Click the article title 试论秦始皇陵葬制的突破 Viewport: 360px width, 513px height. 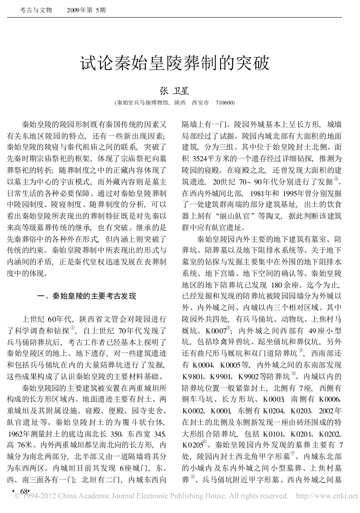[175, 63]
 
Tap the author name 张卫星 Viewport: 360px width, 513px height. [174, 91]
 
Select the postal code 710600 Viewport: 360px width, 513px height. [225, 103]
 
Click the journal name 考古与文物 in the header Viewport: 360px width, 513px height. [36, 11]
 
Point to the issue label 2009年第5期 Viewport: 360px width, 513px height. [86, 11]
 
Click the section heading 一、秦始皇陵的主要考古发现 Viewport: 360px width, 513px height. [86, 296]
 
